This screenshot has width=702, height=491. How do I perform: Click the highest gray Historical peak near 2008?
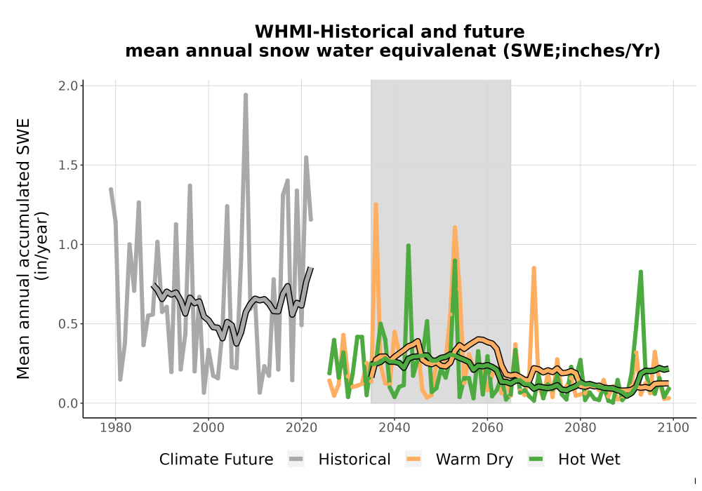[x=245, y=95]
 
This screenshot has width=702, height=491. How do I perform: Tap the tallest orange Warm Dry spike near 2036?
[x=376, y=204]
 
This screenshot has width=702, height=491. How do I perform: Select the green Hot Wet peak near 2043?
[x=409, y=245]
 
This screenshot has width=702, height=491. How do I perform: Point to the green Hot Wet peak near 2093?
[x=641, y=272]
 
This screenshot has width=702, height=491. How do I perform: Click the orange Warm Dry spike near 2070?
[x=534, y=269]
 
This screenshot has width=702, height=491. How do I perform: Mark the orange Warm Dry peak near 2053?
[x=455, y=227]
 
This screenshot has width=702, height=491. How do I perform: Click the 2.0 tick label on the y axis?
[x=68, y=86]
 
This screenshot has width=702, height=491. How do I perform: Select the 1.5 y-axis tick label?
[x=68, y=165]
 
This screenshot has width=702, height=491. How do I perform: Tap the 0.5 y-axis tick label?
[x=68, y=324]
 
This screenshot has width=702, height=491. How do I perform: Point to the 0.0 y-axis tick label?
[x=68, y=403]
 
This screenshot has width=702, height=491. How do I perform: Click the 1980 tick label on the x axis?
[x=116, y=428]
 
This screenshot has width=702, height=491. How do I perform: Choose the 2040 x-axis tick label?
[x=395, y=428]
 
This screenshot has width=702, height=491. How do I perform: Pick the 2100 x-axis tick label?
[x=673, y=428]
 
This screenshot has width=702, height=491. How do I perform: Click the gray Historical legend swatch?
[x=296, y=459]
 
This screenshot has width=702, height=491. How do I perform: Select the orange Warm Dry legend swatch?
[x=413, y=459]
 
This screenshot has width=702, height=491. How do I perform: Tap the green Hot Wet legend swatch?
[x=536, y=459]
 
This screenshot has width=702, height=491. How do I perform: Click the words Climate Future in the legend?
[x=216, y=459]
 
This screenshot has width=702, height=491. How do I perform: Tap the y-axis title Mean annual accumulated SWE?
[x=23, y=248]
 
